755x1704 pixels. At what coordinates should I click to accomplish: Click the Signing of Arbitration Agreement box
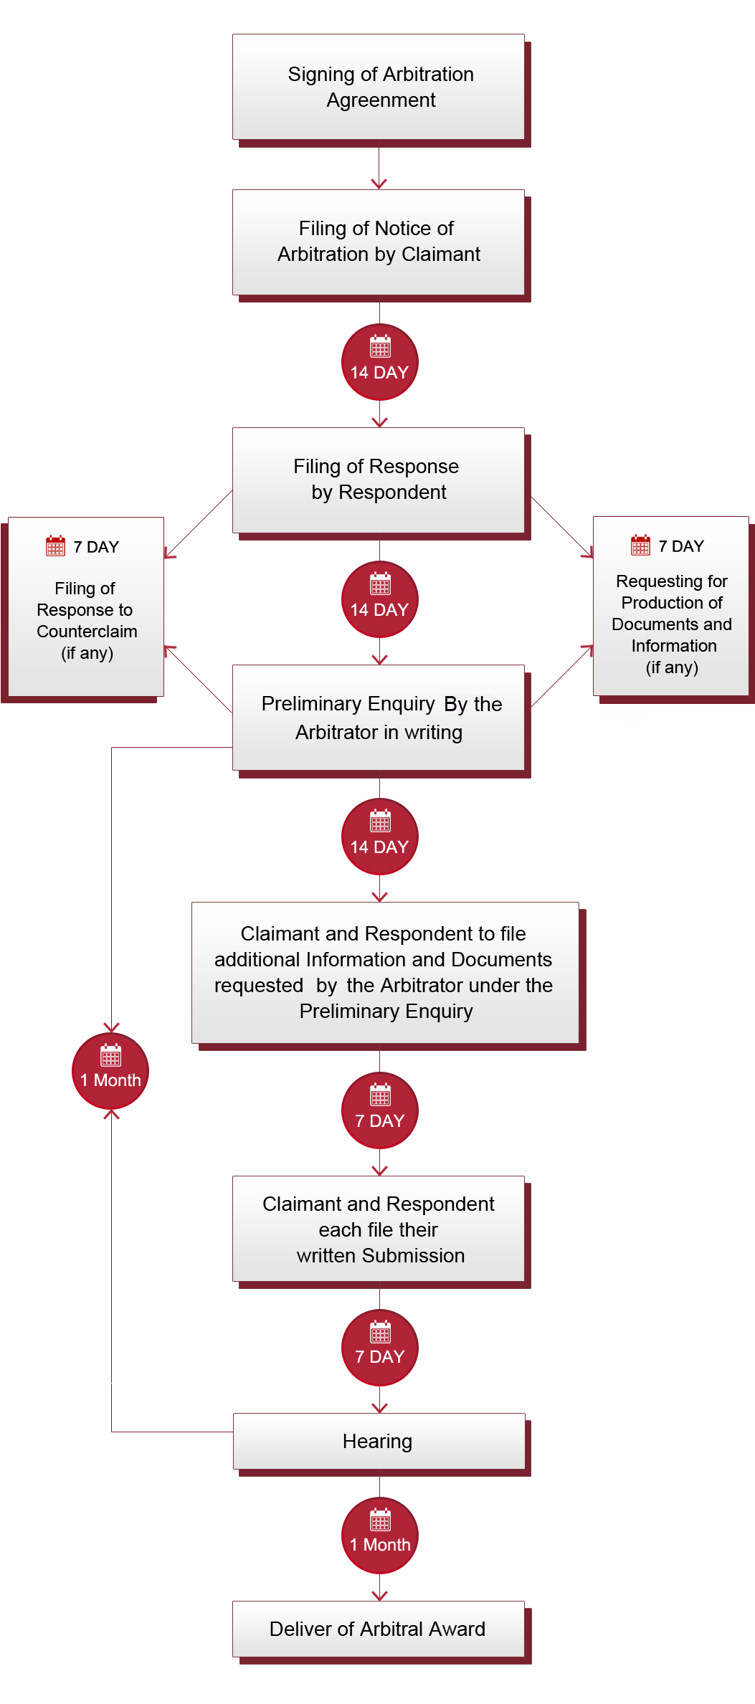click(379, 87)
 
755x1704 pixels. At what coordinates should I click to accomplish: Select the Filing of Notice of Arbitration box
click(379, 242)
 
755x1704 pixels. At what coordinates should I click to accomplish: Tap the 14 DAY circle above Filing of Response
click(379, 362)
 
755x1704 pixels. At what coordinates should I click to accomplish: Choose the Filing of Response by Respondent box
click(379, 480)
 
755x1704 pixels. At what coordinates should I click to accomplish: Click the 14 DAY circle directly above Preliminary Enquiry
click(379, 599)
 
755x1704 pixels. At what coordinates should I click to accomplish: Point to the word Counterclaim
click(87, 632)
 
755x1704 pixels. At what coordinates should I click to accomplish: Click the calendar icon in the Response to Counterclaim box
click(55, 546)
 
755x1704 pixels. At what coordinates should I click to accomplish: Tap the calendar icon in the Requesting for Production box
click(640, 545)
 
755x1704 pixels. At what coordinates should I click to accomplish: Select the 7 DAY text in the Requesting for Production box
click(681, 546)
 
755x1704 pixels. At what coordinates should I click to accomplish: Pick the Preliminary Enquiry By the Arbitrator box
click(379, 718)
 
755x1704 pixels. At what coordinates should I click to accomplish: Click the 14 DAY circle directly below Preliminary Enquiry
click(379, 837)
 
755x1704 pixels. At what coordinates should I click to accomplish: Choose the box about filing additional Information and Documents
click(385, 973)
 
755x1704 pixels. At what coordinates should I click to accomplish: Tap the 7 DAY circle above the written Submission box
click(379, 1110)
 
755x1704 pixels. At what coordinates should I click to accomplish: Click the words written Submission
click(381, 1256)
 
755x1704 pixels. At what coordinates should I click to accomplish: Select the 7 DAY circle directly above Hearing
click(379, 1348)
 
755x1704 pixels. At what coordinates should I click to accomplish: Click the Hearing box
click(379, 1441)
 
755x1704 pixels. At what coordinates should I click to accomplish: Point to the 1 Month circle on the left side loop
click(110, 1071)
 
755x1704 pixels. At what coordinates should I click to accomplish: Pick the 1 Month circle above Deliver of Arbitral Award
click(379, 1536)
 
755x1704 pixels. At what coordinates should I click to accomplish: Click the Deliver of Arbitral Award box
click(379, 1629)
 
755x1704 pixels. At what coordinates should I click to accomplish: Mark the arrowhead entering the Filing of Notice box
click(379, 184)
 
